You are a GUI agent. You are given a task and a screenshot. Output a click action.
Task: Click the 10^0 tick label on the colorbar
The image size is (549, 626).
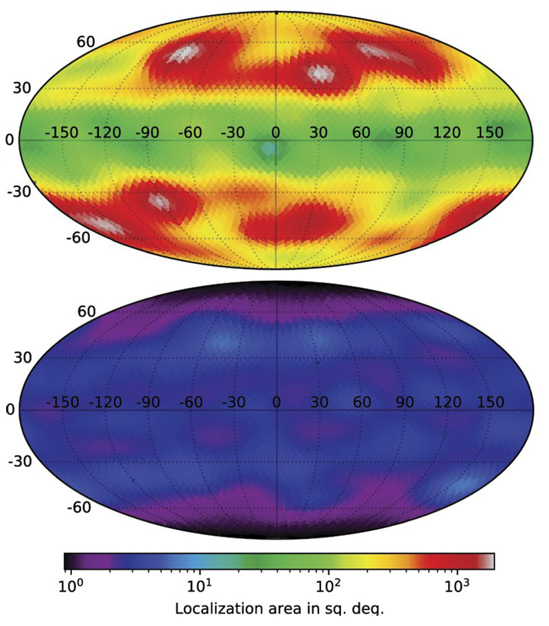(x=71, y=587)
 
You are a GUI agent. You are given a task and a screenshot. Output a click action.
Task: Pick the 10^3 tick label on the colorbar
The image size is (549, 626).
(x=458, y=587)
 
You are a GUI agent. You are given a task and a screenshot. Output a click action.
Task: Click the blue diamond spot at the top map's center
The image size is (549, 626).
(x=272, y=148)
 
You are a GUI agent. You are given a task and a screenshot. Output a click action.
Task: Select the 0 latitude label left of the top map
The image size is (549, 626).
(x=10, y=140)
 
